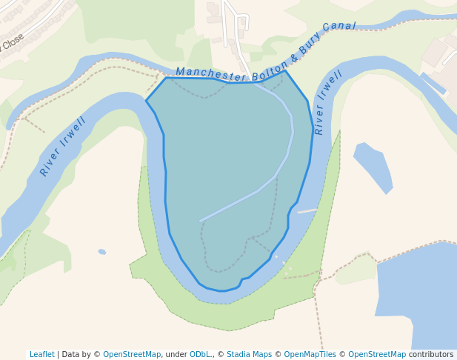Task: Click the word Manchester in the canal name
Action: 211,75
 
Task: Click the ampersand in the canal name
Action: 294,57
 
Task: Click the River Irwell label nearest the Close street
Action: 63,146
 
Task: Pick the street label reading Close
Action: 13,41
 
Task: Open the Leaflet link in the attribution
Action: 41,355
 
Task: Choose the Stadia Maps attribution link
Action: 249,355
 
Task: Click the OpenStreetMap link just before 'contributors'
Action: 377,355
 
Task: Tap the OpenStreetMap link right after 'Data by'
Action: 132,355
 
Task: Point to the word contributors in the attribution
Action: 431,355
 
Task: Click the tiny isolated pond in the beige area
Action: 102,252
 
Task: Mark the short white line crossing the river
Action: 307,211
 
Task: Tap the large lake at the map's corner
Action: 418,296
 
